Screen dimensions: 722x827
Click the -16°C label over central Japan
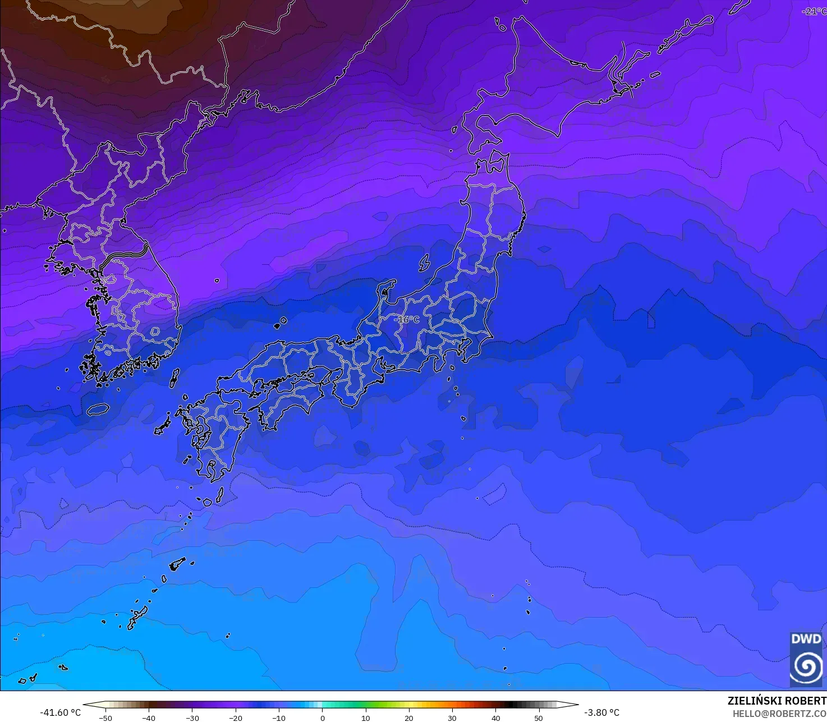tap(407, 319)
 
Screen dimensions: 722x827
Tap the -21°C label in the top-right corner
tap(814, 11)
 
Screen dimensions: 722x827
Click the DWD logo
tap(806, 659)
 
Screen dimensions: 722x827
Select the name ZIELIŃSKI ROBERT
tap(777, 701)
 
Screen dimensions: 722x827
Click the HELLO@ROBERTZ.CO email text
tap(779, 714)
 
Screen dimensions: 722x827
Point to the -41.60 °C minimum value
tap(60, 712)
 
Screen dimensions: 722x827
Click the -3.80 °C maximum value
tap(601, 712)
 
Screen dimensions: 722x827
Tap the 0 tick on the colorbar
tap(322, 718)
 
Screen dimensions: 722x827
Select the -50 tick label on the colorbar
tap(105, 718)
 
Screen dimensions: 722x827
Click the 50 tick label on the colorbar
tap(539, 718)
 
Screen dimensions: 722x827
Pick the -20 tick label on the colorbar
tap(235, 718)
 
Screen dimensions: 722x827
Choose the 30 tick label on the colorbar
tap(452, 718)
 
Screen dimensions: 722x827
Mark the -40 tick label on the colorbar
tap(148, 718)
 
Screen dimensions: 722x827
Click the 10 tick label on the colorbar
tap(366, 718)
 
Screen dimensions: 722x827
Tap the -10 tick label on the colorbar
tap(278, 718)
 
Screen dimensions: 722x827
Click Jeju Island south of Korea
tap(98, 409)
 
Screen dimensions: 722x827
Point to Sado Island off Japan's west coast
tap(424, 263)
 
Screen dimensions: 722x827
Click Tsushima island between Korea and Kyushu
tap(174, 378)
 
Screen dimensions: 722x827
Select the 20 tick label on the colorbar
tap(409, 718)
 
